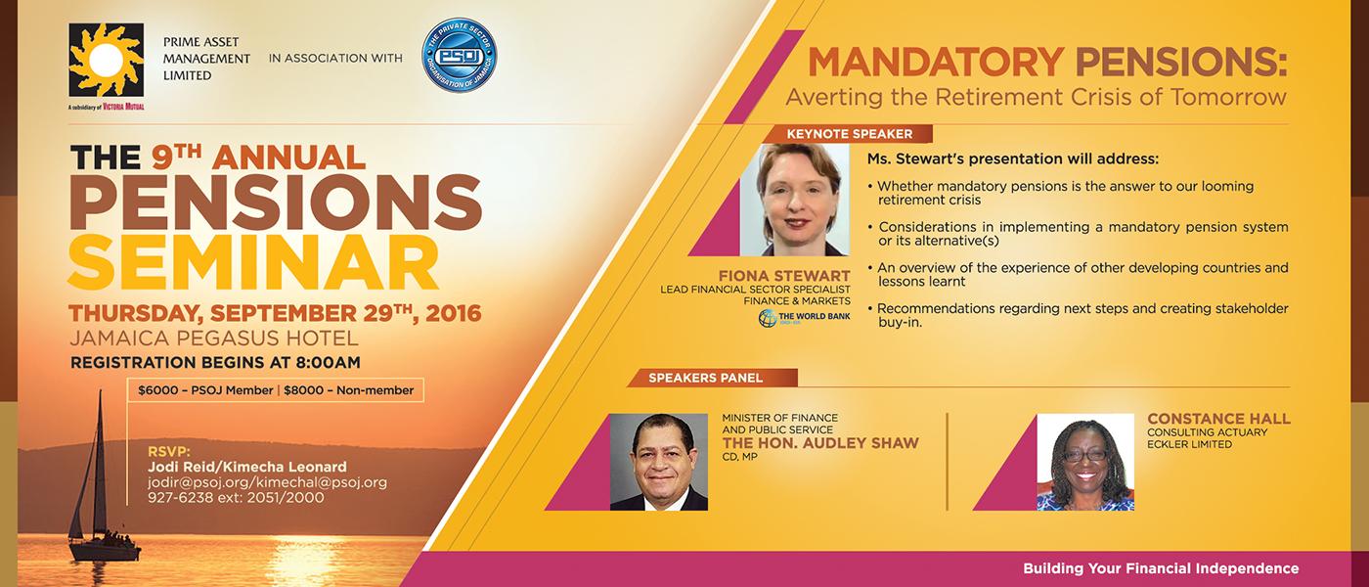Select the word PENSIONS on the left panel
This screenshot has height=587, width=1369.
276,200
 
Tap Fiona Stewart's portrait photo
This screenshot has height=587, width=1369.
794,200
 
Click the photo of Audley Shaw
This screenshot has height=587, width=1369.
658,461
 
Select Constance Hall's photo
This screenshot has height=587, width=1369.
1085,461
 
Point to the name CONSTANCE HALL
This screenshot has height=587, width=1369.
1218,419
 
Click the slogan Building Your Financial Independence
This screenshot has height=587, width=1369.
1161,568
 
